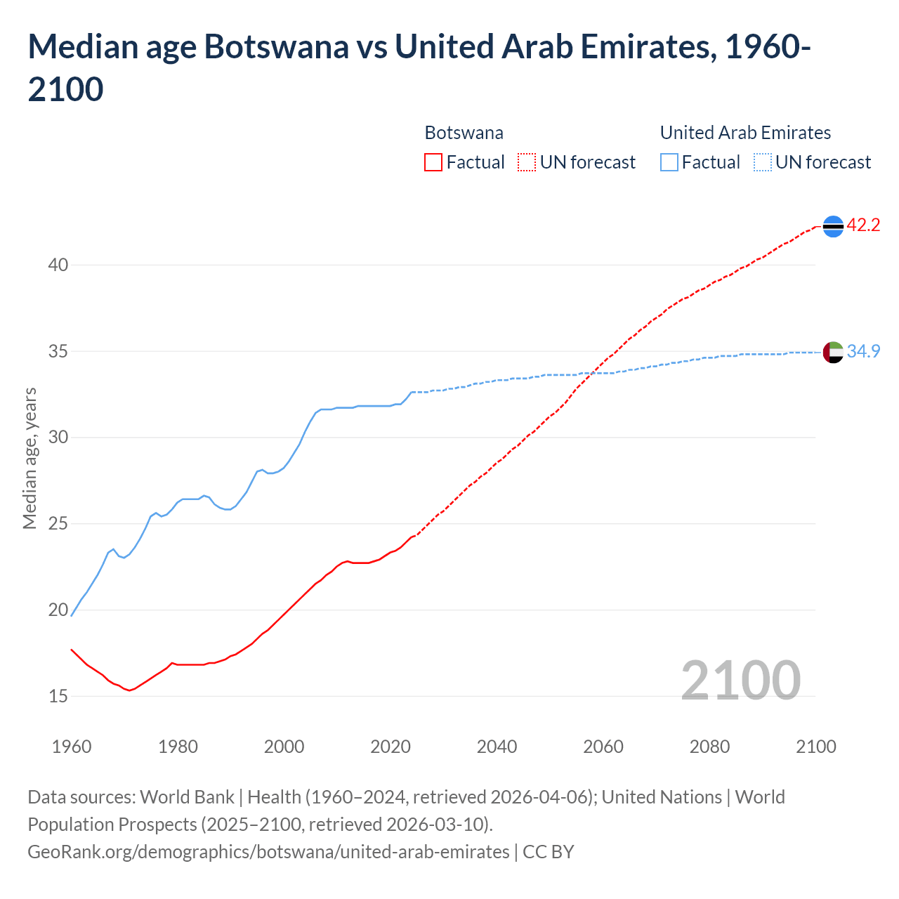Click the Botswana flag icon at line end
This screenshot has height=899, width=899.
coord(833,226)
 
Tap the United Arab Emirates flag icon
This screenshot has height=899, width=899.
coord(833,352)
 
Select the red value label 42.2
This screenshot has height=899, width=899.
coord(863,225)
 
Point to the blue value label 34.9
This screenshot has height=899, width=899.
coord(863,351)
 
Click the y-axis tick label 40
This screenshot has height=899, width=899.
coord(58,265)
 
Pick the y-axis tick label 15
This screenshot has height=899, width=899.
coord(58,696)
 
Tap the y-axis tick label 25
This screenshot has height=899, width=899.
coord(58,523)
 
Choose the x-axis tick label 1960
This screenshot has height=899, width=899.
coord(72,747)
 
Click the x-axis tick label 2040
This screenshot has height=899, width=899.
coord(497,747)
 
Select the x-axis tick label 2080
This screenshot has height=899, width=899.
coord(709,747)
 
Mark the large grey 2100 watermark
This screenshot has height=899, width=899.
coord(741,680)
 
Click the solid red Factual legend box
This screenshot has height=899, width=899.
coord(433,162)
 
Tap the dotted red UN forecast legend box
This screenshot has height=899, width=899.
coord(527,162)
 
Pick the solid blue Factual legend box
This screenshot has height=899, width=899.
coord(669,162)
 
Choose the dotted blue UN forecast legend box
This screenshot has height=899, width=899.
coord(763,162)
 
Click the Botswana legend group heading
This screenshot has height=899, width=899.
coord(464,133)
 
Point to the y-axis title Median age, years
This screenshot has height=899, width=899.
coord(29,458)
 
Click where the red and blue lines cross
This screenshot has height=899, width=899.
coord(593,372)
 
